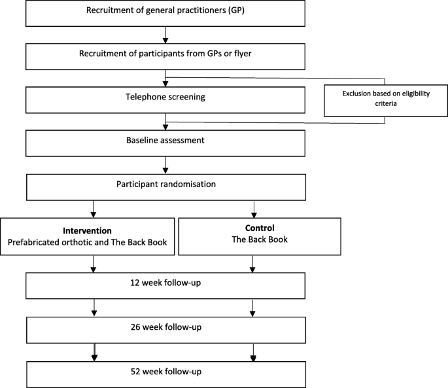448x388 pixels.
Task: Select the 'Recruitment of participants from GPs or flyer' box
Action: [x=166, y=56]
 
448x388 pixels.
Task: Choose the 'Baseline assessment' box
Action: [x=166, y=141]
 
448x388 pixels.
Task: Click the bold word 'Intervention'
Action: [x=88, y=230]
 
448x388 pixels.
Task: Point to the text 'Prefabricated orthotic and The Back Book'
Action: [x=88, y=243]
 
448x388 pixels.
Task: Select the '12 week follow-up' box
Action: [x=166, y=285]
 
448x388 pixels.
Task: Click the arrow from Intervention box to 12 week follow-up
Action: [x=95, y=264]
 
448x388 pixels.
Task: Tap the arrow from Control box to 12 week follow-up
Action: [x=252, y=264]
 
